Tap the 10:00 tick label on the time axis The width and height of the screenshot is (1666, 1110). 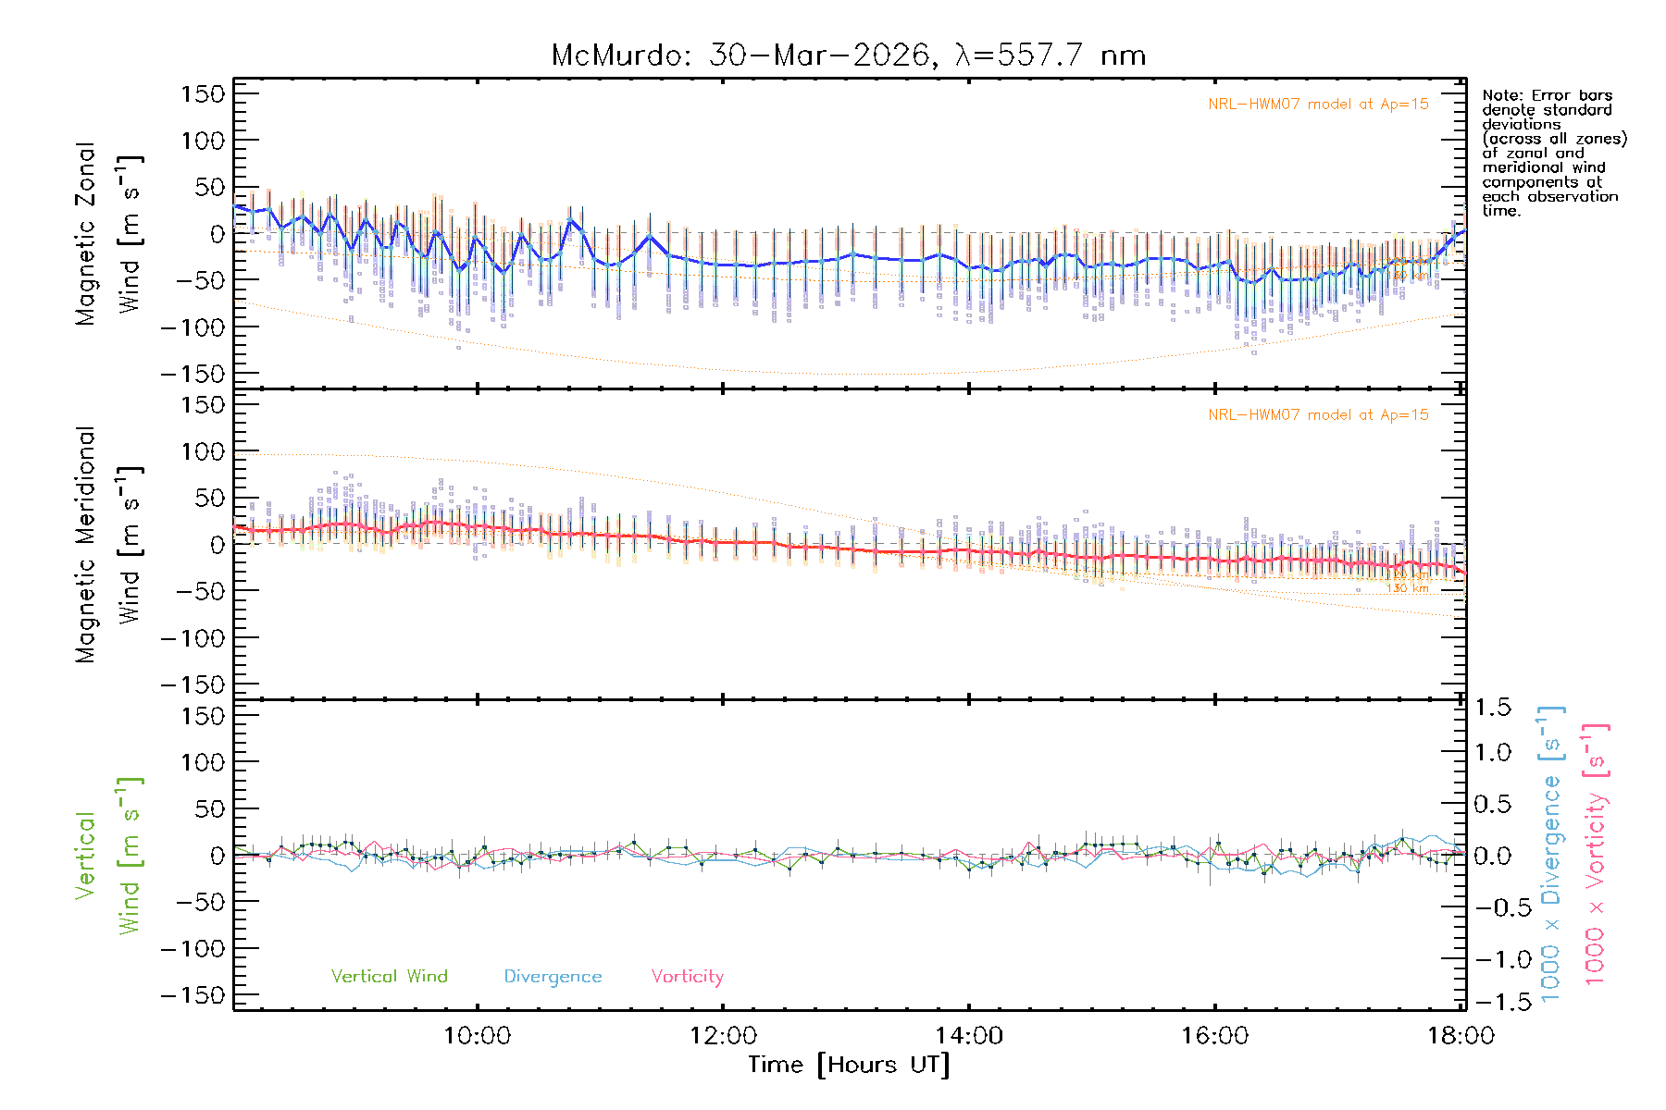477,1036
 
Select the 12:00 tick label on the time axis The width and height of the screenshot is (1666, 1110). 723,1036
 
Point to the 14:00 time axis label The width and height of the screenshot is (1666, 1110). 969,1036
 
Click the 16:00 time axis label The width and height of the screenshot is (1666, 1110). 1214,1036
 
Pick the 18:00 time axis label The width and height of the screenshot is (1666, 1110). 1461,1036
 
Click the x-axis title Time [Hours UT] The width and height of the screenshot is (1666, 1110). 849,1066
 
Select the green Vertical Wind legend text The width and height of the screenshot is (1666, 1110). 389,977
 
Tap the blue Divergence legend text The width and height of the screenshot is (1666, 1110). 553,977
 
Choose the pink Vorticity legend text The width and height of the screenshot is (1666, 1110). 687,977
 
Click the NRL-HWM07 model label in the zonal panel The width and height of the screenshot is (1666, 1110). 1318,105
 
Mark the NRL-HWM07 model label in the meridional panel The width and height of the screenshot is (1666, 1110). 1318,415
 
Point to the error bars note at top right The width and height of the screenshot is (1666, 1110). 1553,153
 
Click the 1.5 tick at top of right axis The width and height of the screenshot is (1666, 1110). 1492,708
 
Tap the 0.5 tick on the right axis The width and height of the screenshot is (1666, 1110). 1492,804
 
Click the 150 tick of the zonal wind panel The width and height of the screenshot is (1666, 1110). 203,93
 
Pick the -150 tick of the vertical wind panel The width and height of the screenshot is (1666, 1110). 193,996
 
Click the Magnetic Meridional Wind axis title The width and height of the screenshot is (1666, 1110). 109,546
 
